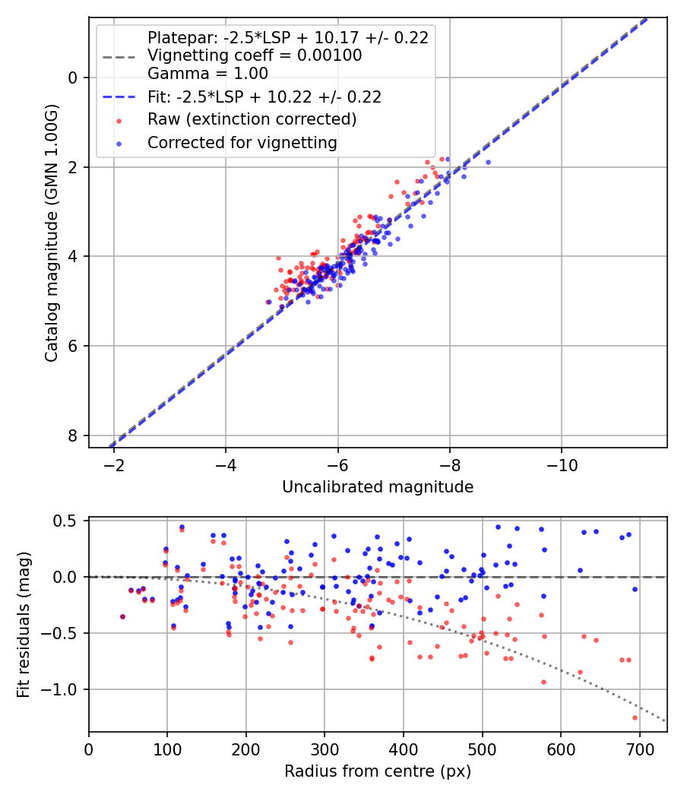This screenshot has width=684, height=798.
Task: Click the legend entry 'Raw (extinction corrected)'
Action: tap(252, 119)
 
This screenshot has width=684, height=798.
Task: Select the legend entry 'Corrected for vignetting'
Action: tap(242, 142)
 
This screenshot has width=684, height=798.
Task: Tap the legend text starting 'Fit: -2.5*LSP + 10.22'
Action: tap(264, 97)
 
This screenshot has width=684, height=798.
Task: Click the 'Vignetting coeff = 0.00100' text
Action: tap(255, 55)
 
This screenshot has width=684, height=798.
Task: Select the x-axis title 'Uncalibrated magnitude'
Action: tap(378, 487)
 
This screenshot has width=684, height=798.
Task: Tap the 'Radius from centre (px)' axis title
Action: tap(378, 771)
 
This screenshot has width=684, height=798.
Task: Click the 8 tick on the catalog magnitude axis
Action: tap(73, 435)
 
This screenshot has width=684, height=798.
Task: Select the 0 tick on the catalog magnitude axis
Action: tap(73, 78)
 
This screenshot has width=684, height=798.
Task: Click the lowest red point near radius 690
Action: tap(635, 717)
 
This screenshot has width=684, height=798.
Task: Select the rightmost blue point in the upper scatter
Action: tap(487, 162)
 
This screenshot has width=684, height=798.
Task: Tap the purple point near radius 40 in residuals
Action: tap(122, 616)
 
